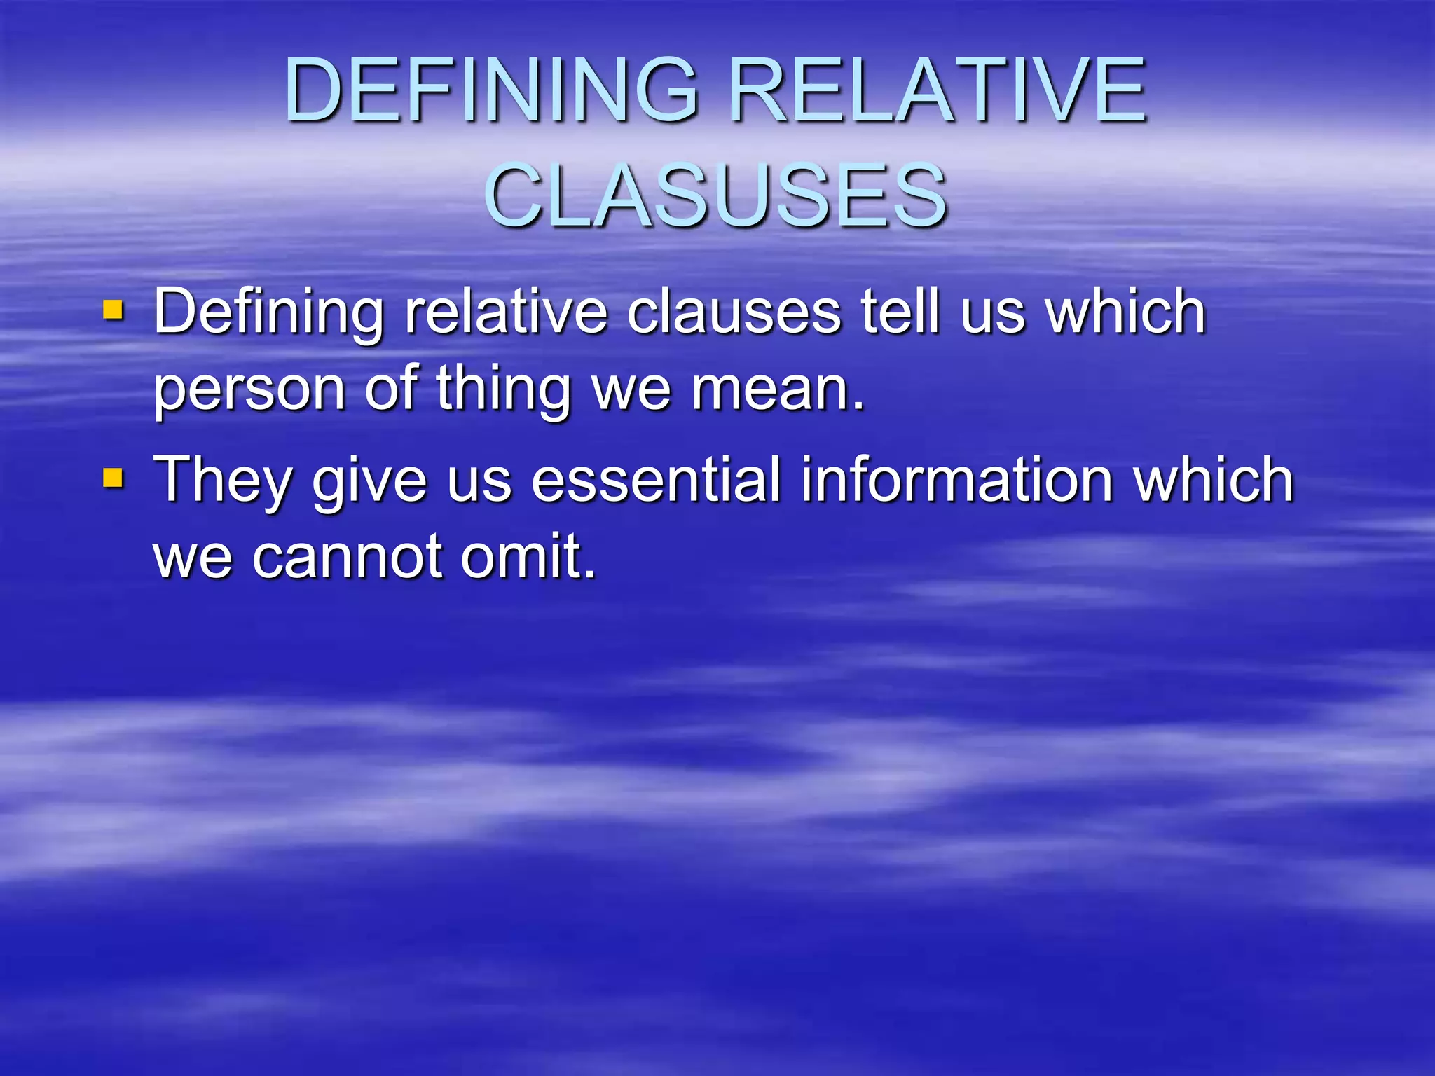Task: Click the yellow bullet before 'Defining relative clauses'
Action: (x=113, y=309)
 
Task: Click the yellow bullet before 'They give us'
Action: (x=113, y=478)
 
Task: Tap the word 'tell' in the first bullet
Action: (x=900, y=311)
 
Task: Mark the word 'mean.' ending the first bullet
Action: (x=778, y=388)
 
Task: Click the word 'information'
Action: (x=957, y=480)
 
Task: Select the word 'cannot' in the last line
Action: (x=346, y=557)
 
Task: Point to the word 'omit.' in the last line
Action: (x=528, y=557)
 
